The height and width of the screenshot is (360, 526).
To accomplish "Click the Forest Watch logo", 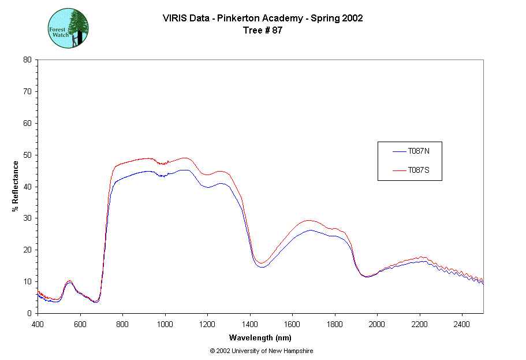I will tap(68, 28).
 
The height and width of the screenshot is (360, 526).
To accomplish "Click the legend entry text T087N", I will tap(418, 151).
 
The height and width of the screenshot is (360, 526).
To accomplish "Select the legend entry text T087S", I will tap(418, 170).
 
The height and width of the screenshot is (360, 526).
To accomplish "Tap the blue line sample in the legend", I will tap(399, 152).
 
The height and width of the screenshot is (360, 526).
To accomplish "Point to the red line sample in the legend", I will tap(399, 170).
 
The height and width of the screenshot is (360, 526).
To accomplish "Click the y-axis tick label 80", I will tap(27, 60).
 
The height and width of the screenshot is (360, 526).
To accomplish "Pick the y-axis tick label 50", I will tap(27, 155).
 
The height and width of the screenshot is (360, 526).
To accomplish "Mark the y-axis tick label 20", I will tap(27, 250).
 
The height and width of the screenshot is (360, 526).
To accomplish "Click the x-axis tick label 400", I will tap(38, 324).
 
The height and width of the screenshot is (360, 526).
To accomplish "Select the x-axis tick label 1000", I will tap(165, 324).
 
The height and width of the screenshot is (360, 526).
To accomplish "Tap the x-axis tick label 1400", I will tap(250, 324).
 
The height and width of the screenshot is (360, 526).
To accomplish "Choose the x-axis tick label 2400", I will tap(462, 324).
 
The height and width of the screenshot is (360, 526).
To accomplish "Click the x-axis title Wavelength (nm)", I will tap(260, 337).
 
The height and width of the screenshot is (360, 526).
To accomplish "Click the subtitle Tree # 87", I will tap(263, 31).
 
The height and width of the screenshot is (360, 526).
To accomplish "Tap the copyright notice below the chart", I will tap(262, 351).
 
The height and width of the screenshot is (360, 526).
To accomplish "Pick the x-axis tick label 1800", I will tap(335, 324).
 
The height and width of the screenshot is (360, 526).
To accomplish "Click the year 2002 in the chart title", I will tap(352, 18).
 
